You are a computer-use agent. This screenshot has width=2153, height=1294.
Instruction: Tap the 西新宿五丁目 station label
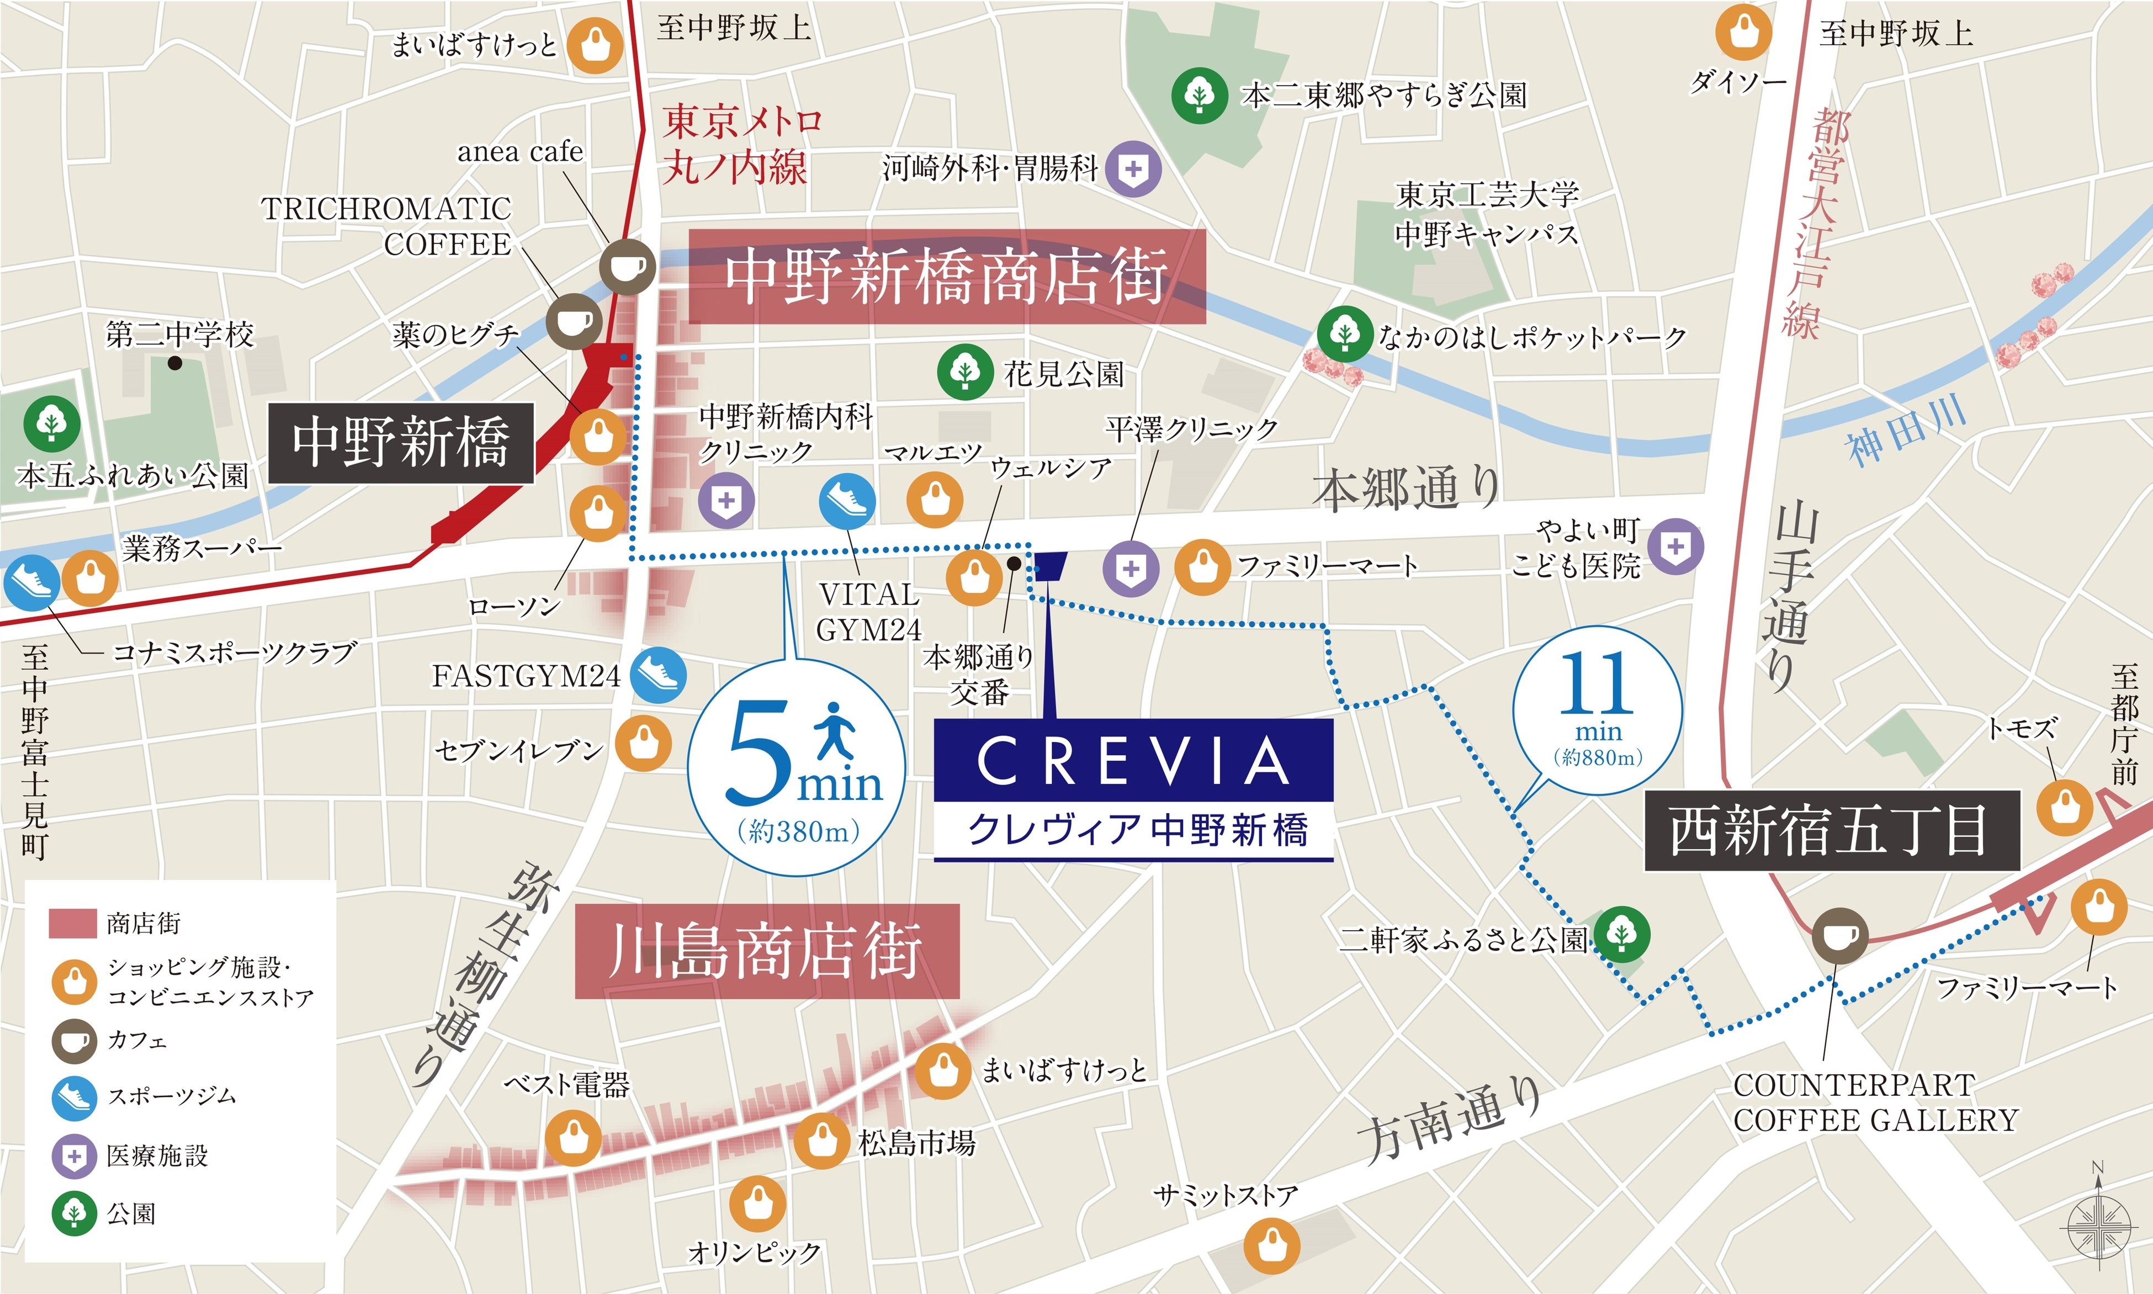[1831, 830]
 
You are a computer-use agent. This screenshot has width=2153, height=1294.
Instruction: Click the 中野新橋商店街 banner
[947, 277]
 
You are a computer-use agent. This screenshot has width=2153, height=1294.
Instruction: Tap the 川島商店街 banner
[766, 951]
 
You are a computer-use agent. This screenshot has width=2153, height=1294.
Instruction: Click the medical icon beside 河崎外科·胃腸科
[1133, 168]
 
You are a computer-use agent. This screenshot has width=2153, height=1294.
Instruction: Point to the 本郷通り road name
[1406, 489]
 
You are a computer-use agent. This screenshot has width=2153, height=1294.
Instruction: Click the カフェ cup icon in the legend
[74, 1040]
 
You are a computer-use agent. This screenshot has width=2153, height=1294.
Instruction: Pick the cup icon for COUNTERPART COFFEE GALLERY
[1840, 934]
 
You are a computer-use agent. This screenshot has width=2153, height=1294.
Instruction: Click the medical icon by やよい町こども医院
[1674, 547]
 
